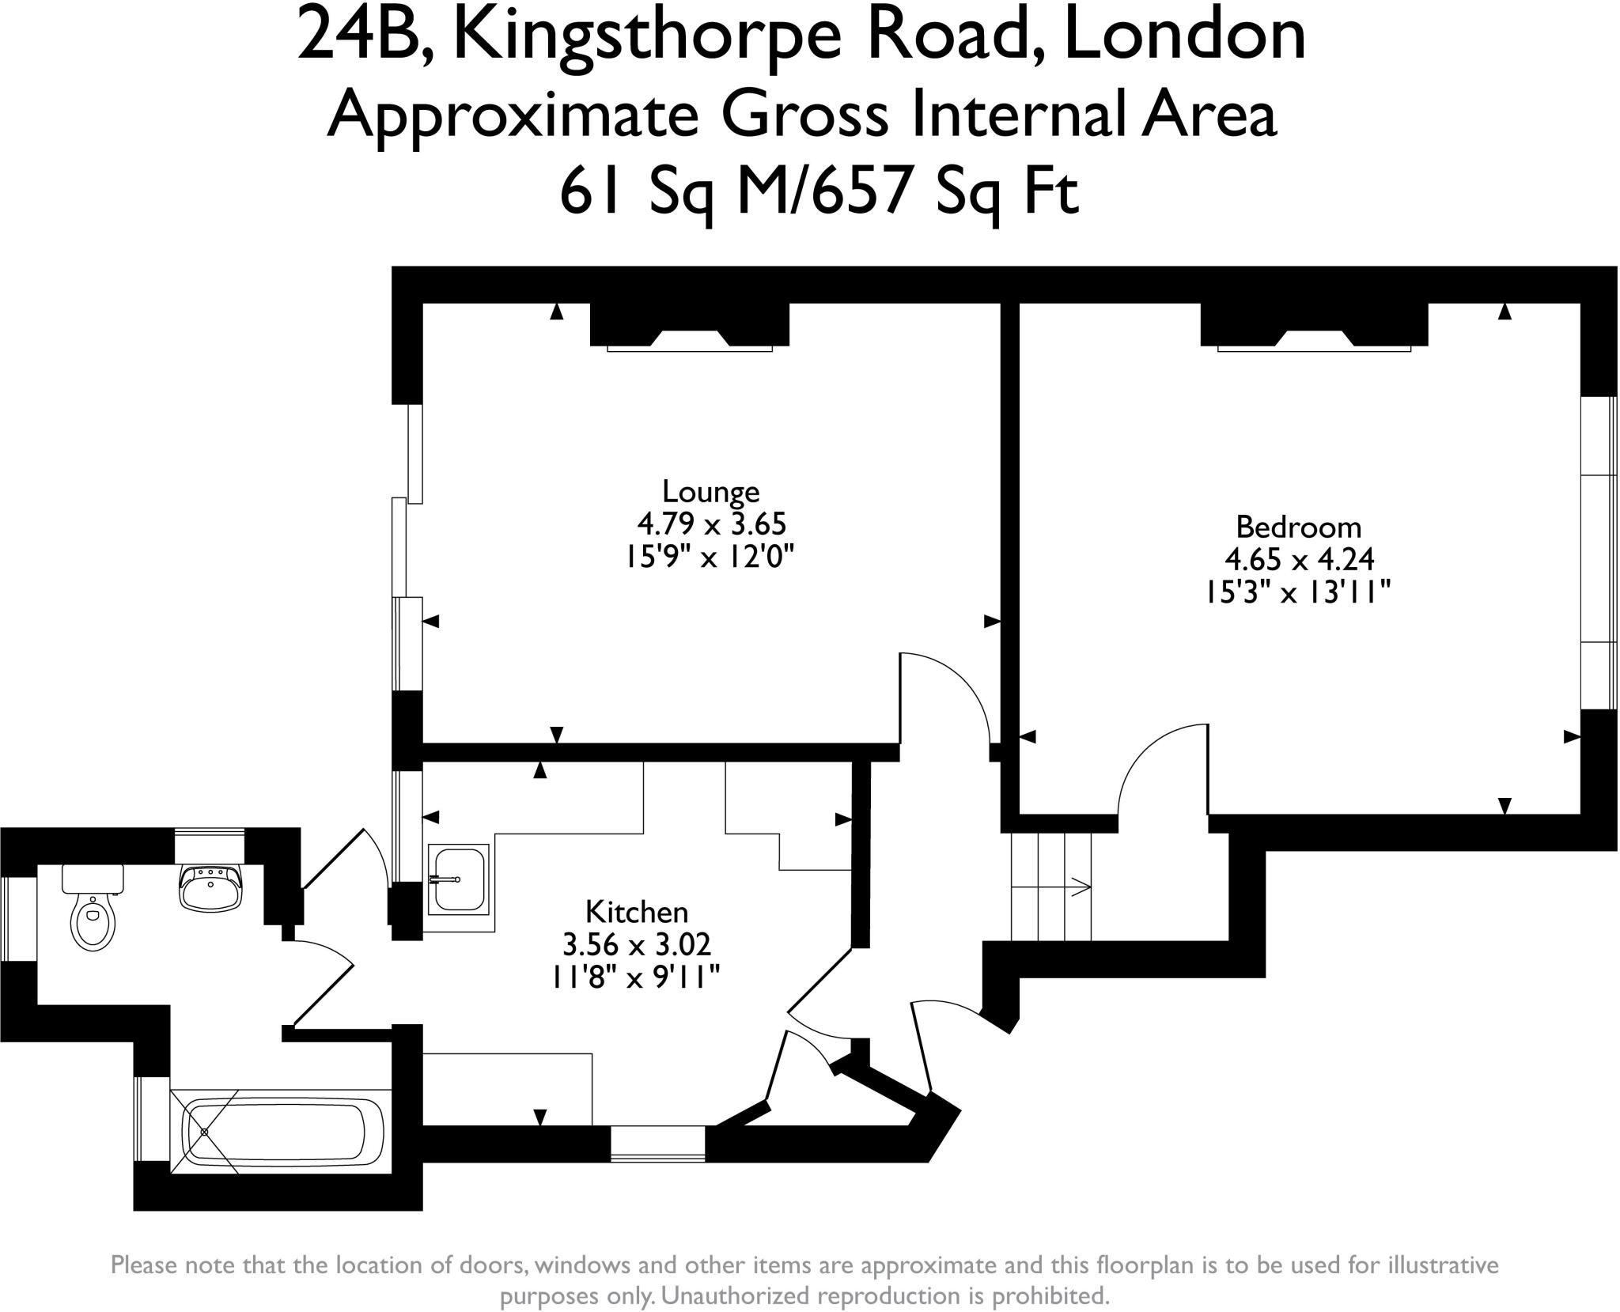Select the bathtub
coord(282,1132)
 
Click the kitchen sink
coord(457,879)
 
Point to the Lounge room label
coord(710,492)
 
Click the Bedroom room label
coord(1298,527)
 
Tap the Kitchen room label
coord(636,912)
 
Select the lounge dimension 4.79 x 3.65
coord(711,524)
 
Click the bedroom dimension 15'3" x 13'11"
coord(1298,592)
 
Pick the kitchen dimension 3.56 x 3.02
coord(636,944)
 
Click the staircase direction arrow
coord(1079,887)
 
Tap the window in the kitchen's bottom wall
coord(657,1144)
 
